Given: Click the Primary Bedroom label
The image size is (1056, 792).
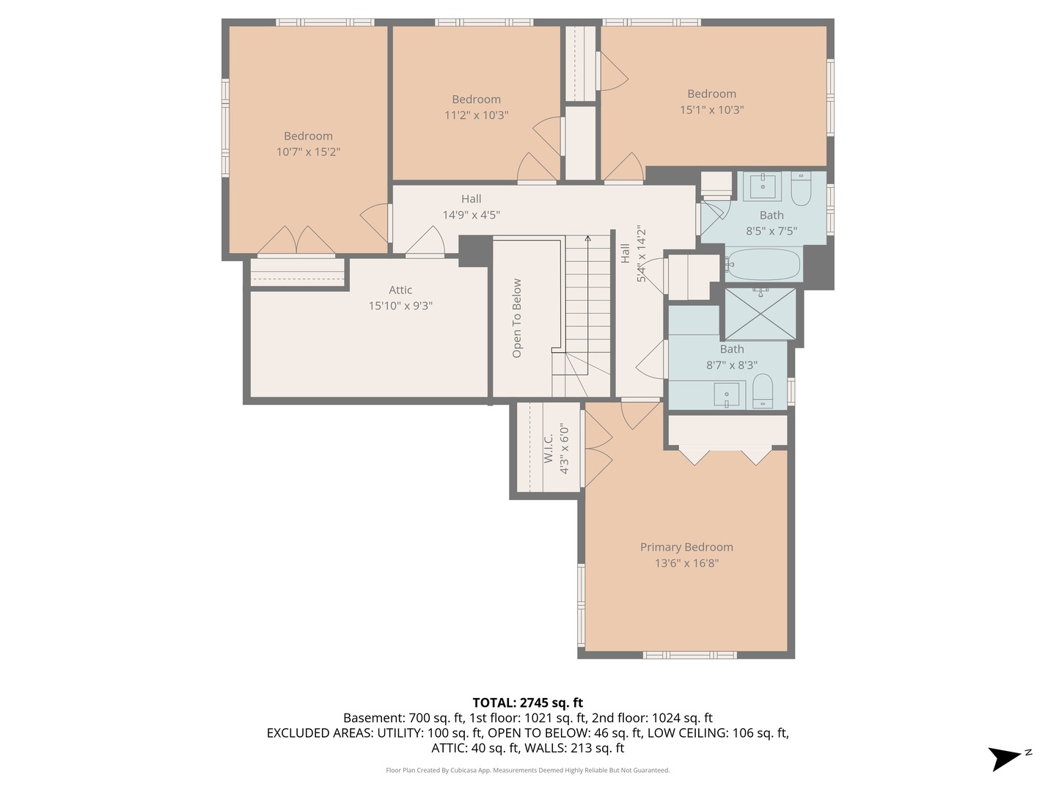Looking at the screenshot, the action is [686, 547].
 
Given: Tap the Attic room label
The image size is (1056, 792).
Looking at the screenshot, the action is [400, 290].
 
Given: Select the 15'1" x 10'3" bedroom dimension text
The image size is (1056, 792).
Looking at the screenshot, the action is [711, 110].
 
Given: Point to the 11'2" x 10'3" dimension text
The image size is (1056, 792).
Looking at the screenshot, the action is [476, 115].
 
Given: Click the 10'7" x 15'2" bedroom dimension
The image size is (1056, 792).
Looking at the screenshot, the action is [309, 152].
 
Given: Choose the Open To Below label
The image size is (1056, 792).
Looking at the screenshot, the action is [517, 318].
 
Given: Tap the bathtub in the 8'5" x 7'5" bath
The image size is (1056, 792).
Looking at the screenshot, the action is [763, 264].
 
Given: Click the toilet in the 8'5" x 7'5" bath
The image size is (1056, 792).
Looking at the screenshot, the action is [801, 188].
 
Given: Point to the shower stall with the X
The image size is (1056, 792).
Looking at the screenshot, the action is [760, 314].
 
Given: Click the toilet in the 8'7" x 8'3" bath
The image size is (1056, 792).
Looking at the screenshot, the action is [762, 392].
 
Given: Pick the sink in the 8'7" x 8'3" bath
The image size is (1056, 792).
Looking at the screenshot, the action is [727, 395].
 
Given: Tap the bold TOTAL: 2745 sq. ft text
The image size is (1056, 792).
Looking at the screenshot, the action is [528, 703].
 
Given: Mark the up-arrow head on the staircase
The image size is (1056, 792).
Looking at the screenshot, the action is [587, 238].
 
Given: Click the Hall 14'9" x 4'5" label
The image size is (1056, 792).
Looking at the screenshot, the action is [472, 207].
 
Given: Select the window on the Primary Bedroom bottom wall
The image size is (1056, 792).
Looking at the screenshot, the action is [690, 655].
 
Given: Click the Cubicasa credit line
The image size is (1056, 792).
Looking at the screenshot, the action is [528, 770].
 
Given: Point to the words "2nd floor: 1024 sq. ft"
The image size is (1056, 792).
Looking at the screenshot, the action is [652, 718].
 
